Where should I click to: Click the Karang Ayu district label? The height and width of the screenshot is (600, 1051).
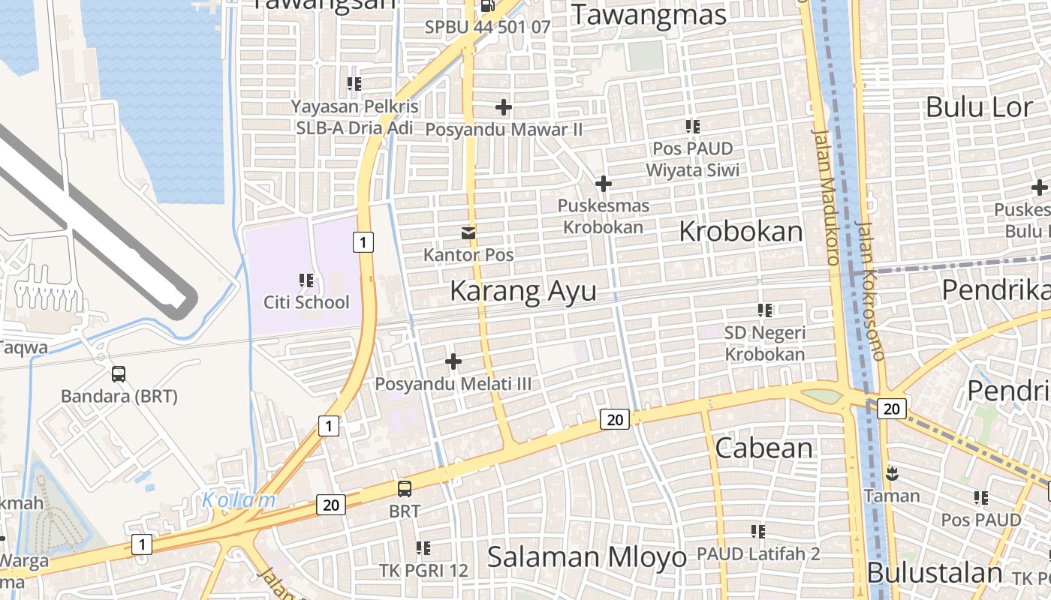(x=523, y=291)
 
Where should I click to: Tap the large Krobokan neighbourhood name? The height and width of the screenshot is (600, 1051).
(x=740, y=232)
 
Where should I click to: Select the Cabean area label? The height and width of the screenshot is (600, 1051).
(x=764, y=448)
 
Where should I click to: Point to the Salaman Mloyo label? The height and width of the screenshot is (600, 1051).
(x=587, y=557)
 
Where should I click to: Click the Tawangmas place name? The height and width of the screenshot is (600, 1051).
(x=649, y=15)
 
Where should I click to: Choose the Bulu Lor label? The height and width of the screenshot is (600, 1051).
(x=979, y=107)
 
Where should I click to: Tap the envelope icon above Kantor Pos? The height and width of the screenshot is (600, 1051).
(x=468, y=233)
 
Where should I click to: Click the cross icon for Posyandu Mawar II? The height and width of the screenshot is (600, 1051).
(x=504, y=108)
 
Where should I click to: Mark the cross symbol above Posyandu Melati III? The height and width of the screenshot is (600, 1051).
(x=453, y=362)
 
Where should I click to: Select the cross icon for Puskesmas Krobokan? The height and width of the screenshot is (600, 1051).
(x=604, y=184)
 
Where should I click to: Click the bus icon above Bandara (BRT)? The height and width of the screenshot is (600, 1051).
(x=119, y=374)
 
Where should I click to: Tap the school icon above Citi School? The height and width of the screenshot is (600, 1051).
(x=306, y=280)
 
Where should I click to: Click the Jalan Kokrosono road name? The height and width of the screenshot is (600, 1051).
(x=870, y=289)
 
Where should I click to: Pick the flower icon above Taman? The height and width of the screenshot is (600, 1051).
(x=892, y=474)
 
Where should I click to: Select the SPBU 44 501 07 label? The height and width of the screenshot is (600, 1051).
(x=488, y=27)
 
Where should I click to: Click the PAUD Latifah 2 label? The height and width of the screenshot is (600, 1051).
(x=758, y=554)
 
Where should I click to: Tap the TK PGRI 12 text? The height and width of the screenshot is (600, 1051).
(x=423, y=571)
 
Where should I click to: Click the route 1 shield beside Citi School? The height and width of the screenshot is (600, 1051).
(x=363, y=241)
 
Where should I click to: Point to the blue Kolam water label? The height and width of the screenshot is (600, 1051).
(x=239, y=499)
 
